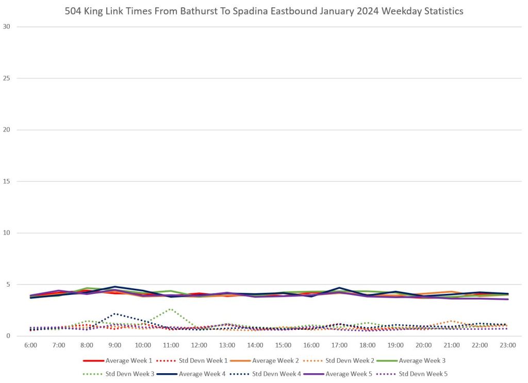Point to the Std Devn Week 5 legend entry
[423, 374]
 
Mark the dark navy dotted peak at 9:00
[115, 313]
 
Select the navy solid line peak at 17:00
[339, 288]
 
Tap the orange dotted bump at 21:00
[452, 321]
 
